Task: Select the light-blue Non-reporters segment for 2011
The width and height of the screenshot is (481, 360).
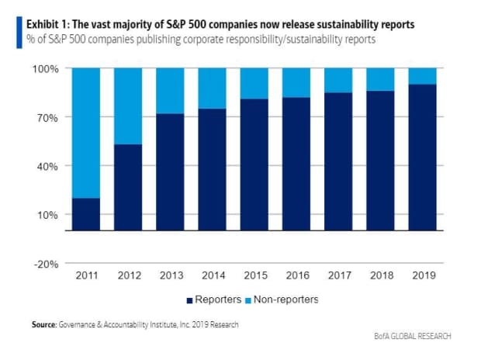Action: (85, 133)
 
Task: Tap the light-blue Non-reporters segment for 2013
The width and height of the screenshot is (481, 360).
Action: (170, 91)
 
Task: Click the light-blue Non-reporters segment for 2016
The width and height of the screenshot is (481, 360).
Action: (296, 82)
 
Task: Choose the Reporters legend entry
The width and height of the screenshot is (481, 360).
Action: (214, 299)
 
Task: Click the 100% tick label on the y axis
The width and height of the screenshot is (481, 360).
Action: (45, 69)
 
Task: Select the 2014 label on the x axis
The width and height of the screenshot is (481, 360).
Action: (212, 275)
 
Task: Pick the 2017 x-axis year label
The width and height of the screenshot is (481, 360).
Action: (339, 275)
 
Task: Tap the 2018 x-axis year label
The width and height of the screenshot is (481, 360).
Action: (381, 275)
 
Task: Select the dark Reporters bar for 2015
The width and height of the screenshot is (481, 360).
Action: (254, 164)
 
